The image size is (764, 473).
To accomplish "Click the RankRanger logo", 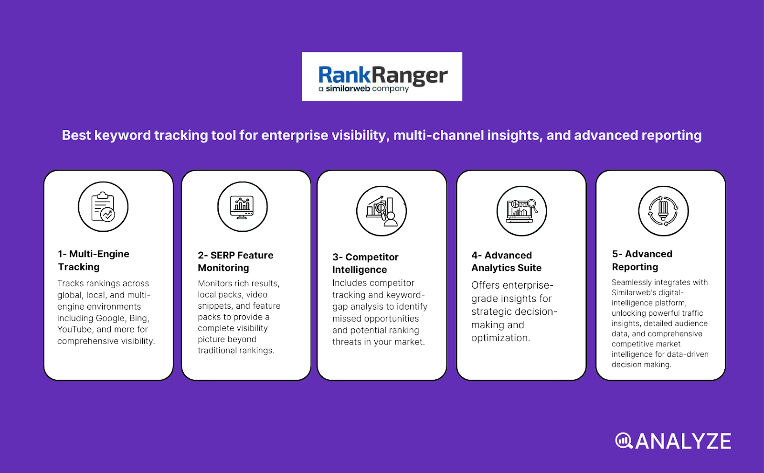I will (382, 76).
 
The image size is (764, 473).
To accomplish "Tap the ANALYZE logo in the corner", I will (673, 441).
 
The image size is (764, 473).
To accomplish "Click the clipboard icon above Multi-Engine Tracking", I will (103, 206).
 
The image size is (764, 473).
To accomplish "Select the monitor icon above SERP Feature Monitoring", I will (242, 206).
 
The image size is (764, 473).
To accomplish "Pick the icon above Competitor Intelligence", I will (382, 211).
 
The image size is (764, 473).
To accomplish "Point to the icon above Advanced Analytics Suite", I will (521, 211).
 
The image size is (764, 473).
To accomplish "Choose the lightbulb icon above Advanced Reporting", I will (663, 211).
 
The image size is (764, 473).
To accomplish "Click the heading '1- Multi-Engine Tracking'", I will (94, 260).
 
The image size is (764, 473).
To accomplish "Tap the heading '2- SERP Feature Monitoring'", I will (235, 261).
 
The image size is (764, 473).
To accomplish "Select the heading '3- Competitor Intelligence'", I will (365, 263).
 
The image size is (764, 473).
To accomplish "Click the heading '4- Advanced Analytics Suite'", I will (506, 261).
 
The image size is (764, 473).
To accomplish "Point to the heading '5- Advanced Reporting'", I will (642, 260).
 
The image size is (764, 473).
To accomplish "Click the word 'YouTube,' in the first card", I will (75, 329).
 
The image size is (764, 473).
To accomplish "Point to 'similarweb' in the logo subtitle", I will (348, 89).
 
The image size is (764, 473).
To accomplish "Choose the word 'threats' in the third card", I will (347, 342).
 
